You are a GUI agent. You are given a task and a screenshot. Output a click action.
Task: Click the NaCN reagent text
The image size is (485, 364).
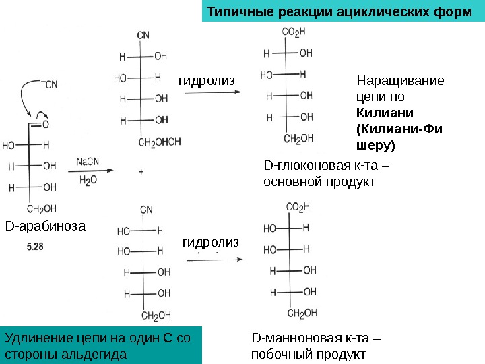[88, 161]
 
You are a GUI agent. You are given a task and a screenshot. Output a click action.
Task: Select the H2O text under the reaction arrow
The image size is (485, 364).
[88, 181]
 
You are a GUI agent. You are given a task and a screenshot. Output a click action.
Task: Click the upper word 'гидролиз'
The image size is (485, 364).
[206, 81]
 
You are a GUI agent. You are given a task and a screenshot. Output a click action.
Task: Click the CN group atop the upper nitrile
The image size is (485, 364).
[143, 35]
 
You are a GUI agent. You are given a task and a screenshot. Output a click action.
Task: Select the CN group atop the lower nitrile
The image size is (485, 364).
[143, 209]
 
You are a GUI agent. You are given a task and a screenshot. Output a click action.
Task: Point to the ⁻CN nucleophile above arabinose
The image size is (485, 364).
[51, 84]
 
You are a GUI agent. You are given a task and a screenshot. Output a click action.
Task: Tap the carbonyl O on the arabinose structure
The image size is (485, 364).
[44, 125]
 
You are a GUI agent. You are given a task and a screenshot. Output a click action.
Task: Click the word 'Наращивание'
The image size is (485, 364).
[400, 82]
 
